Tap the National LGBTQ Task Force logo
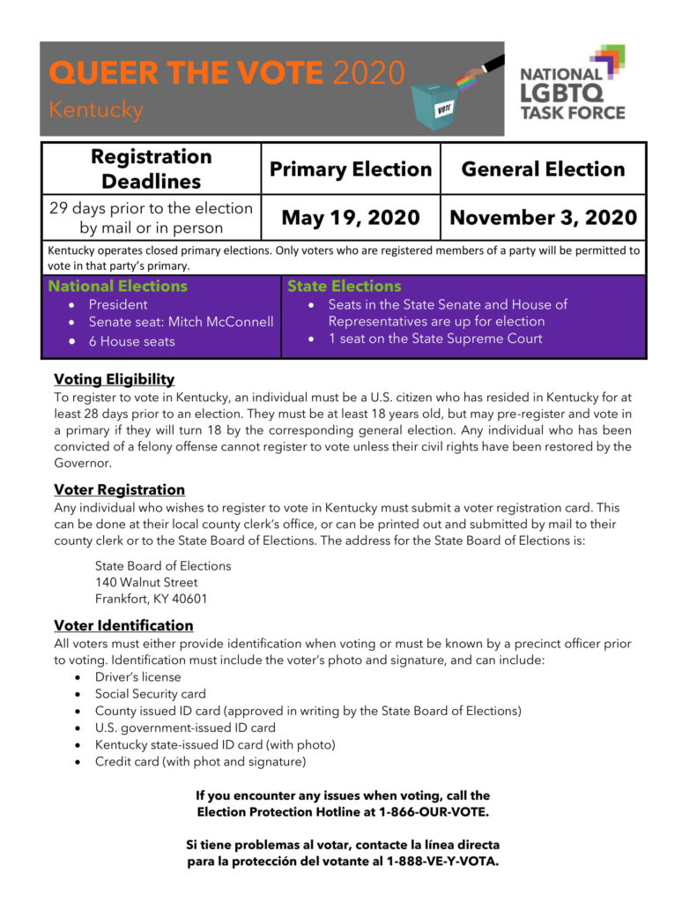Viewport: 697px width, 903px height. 572,85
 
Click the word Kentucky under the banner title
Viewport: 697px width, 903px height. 96,111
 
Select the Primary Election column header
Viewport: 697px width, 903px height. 351,169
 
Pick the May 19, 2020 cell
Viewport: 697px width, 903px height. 351,217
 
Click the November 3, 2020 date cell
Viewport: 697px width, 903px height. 543,217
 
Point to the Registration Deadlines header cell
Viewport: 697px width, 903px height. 152,168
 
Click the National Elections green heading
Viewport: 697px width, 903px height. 117,287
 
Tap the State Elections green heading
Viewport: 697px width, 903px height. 344,287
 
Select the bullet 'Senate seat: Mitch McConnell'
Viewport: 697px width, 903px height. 181,322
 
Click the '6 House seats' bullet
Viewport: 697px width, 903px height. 131,341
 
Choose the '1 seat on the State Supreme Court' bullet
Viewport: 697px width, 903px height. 435,339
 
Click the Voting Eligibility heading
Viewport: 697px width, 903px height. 114,379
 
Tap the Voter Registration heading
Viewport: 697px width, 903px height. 119,489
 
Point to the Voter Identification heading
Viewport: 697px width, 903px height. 123,625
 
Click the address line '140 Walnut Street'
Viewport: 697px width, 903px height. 146,582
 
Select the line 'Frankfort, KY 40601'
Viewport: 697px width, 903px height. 152,599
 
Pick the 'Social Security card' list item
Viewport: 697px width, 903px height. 150,694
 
